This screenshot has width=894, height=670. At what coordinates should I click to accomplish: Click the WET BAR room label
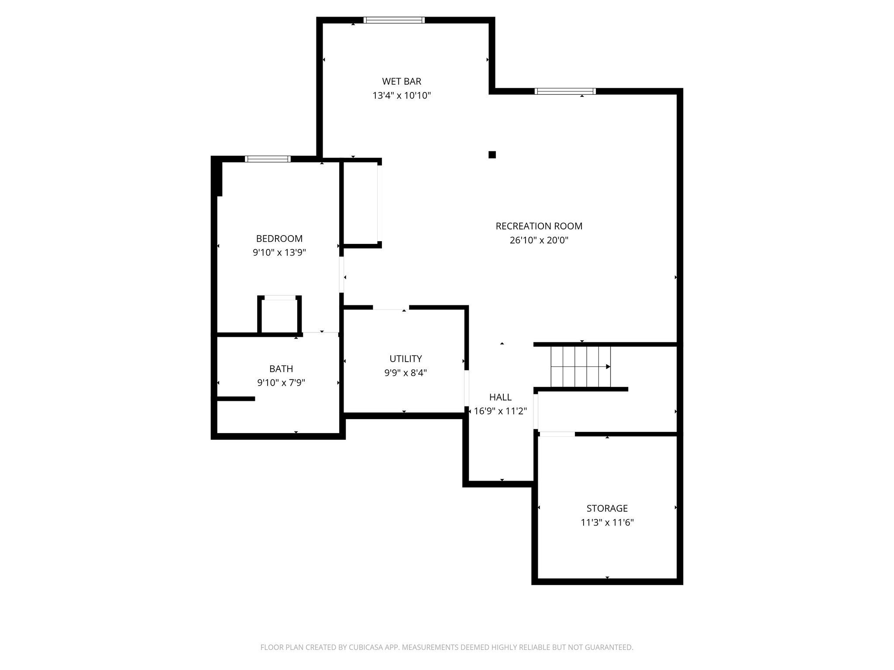point(402,81)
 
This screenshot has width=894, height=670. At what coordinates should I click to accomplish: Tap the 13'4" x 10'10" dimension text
point(402,96)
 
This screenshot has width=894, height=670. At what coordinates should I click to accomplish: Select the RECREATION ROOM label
point(539,226)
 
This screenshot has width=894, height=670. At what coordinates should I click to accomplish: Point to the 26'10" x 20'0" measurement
point(539,240)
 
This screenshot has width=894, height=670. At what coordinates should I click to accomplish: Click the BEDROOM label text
point(279,239)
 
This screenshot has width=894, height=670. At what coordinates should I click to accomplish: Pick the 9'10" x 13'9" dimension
point(279,253)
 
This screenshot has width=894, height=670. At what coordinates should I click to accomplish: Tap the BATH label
point(281,369)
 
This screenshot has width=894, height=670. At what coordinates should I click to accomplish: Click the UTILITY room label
point(406,359)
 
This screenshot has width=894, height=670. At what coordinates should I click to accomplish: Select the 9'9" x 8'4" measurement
point(406,373)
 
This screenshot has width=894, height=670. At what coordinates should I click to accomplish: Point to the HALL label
point(500,397)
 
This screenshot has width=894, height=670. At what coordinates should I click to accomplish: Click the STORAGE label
point(607,508)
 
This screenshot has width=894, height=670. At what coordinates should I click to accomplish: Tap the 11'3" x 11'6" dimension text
point(607,523)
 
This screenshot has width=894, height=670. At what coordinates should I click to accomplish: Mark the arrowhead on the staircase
point(608,366)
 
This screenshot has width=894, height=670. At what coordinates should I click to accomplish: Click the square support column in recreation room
point(492,154)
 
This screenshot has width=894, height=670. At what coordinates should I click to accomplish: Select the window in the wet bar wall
point(394,20)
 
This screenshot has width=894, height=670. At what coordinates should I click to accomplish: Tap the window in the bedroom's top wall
point(268,159)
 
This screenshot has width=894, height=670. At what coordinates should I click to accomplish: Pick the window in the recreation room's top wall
point(565,91)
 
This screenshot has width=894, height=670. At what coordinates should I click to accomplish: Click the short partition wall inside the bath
point(236,399)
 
